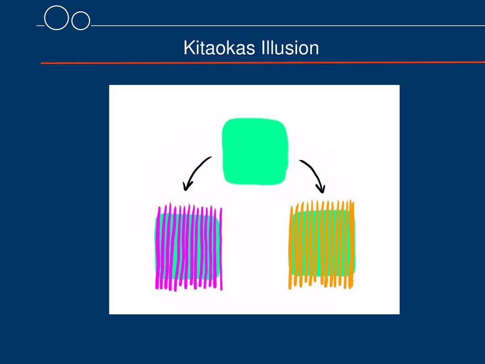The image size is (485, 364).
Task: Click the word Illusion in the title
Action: tap(290, 48)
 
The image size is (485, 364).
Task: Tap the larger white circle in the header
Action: tap(56, 18)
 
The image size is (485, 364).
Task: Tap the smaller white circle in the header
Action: tap(81, 21)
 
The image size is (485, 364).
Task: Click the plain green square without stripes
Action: tap(255, 151)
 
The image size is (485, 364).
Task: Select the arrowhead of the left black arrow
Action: tap(187, 186)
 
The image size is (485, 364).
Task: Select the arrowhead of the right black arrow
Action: tap(321, 188)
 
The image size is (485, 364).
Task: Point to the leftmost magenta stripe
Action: tap(158, 247)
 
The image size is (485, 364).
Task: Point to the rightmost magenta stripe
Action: tap(221, 249)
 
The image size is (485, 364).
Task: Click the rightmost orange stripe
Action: tap(352, 245)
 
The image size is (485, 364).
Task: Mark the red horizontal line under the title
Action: tap(263, 63)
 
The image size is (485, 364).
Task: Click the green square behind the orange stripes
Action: tap(322, 243)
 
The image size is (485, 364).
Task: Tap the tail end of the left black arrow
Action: tap(211, 157)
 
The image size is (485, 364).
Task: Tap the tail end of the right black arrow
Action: tap(300, 161)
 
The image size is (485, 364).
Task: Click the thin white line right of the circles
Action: tap(287, 26)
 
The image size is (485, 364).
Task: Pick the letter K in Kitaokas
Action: tap(189, 48)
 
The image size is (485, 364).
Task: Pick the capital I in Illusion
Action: tap(263, 48)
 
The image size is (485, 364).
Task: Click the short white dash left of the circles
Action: tap(40, 26)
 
